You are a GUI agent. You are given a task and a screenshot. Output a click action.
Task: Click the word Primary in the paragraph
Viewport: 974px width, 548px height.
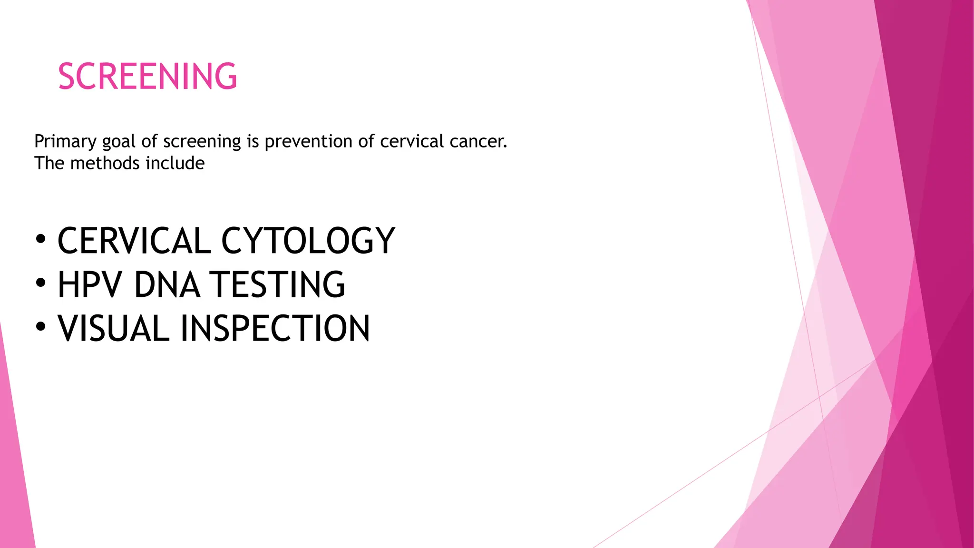[65, 142]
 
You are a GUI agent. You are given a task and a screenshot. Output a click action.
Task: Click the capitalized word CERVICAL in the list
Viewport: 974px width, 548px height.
[134, 241]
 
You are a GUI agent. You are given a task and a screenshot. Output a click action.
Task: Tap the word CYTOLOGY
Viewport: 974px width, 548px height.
[308, 241]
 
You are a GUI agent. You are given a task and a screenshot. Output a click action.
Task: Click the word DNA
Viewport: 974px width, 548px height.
[167, 285]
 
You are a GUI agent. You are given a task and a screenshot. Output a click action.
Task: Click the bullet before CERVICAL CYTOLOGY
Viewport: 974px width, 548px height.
[41, 239]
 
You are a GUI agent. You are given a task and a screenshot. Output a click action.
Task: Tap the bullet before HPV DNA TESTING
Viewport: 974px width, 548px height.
[41, 283]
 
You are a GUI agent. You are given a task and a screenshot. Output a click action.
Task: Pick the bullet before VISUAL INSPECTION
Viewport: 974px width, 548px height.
[41, 327]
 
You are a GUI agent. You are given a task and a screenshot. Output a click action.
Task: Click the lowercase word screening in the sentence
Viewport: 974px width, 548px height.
[202, 142]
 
